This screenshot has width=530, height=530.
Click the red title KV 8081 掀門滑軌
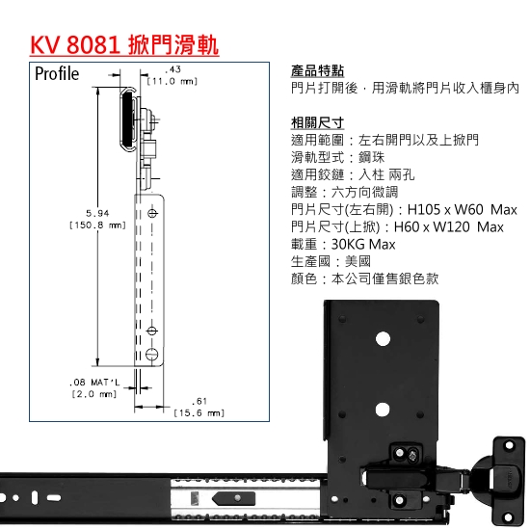[124, 45]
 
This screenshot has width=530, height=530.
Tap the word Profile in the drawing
[57, 73]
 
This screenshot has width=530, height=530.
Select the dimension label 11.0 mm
[172, 82]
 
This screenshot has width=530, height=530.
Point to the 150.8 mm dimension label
[97, 225]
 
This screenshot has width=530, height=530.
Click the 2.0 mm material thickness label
[94, 394]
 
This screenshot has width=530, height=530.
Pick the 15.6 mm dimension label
[199, 413]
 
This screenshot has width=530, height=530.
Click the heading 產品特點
[317, 71]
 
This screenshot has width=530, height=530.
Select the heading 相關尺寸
[317, 123]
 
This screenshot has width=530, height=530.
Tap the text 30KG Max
[363, 245]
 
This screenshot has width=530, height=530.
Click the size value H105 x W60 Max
[462, 209]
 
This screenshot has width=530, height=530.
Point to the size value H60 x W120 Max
[449, 226]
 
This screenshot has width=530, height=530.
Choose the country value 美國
[358, 261]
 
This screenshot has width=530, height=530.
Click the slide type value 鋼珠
[371, 157]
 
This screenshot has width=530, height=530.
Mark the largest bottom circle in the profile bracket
[151, 355]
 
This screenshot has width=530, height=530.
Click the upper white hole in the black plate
[383, 339]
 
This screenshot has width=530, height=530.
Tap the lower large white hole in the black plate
[383, 410]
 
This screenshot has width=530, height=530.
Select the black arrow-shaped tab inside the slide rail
[233, 498]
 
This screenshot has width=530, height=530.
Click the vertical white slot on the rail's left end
[34, 498]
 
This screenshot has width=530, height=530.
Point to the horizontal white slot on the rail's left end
[54, 497]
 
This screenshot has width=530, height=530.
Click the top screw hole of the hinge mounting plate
[509, 446]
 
